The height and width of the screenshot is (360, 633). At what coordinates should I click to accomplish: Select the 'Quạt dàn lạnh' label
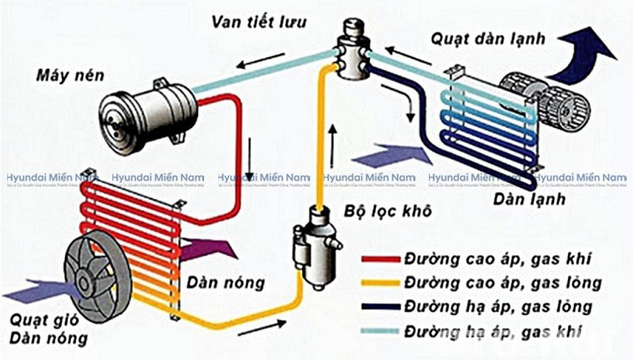pos(483,38)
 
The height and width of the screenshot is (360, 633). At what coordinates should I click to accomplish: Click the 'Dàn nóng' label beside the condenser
pos(226,282)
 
